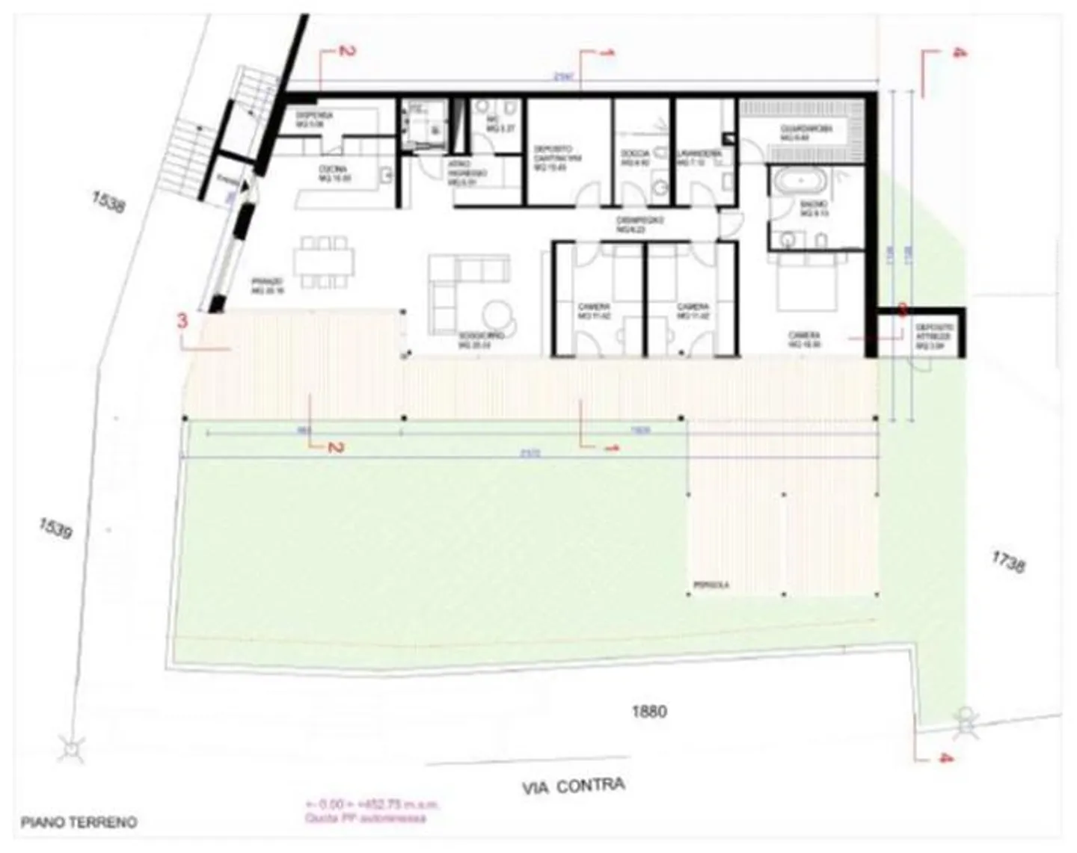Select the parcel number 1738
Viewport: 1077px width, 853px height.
(x=1007, y=561)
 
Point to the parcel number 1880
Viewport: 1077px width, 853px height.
(x=648, y=711)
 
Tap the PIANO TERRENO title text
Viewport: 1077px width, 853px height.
(x=79, y=822)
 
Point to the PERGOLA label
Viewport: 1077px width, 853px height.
(x=711, y=585)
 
